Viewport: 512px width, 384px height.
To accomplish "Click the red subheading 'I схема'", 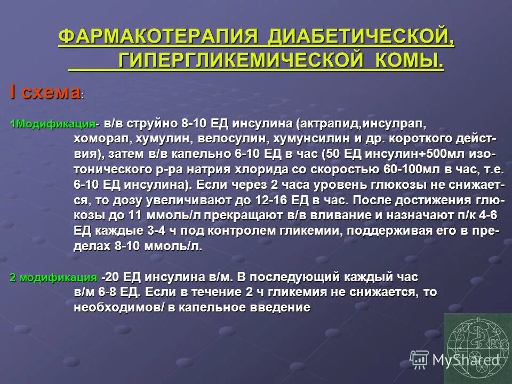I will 44,92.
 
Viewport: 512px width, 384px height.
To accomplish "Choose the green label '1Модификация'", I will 52,124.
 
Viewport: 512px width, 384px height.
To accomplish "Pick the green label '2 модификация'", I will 53,277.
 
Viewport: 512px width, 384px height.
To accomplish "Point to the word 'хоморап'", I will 97,139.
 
